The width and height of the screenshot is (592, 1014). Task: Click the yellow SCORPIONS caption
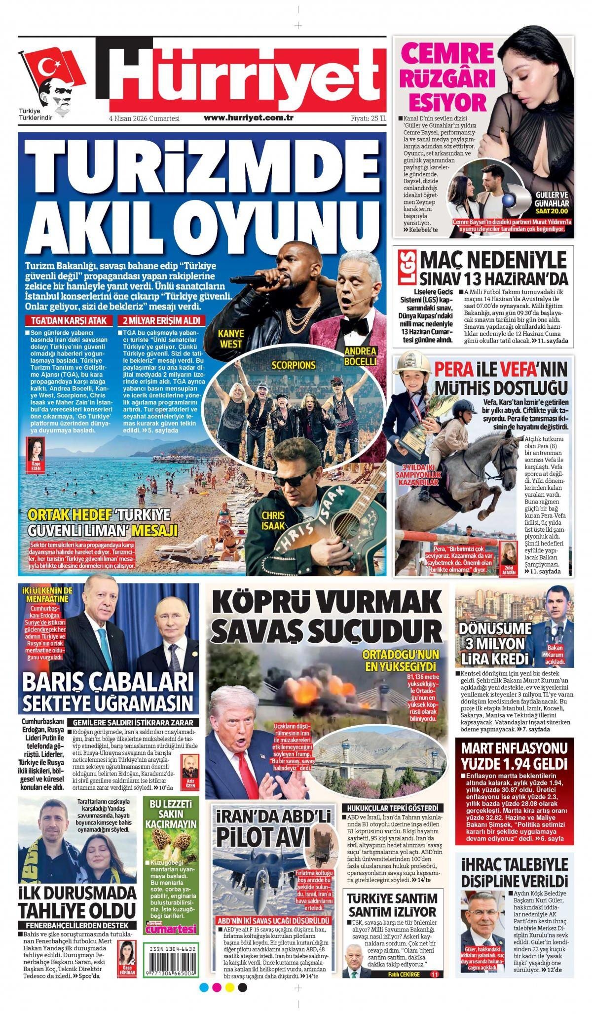pyautogui.click(x=293, y=365)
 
